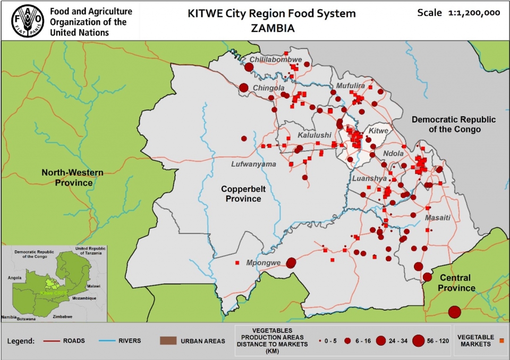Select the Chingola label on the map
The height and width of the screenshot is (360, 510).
pyautogui.click(x=269, y=88)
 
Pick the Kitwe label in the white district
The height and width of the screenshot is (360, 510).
pyautogui.click(x=379, y=130)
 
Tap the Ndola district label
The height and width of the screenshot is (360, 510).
pyautogui.click(x=393, y=153)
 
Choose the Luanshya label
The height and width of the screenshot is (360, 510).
pyautogui.click(x=370, y=178)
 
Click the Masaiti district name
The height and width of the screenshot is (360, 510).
pyautogui.click(x=438, y=218)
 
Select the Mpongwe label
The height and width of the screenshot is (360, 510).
pyautogui.click(x=263, y=262)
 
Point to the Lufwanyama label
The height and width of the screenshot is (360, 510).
pyautogui.click(x=253, y=164)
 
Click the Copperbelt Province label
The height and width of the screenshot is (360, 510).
pyautogui.click(x=241, y=193)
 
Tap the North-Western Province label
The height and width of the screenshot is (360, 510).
pyautogui.click(x=72, y=177)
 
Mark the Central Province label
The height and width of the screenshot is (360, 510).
pyautogui.click(x=457, y=282)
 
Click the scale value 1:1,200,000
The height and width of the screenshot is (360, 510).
pyautogui.click(x=474, y=13)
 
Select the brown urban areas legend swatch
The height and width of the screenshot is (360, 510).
pyautogui.click(x=167, y=340)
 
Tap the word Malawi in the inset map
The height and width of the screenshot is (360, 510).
pyautogui.click(x=93, y=286)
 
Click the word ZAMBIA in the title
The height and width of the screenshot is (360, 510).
pyautogui.click(x=271, y=28)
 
